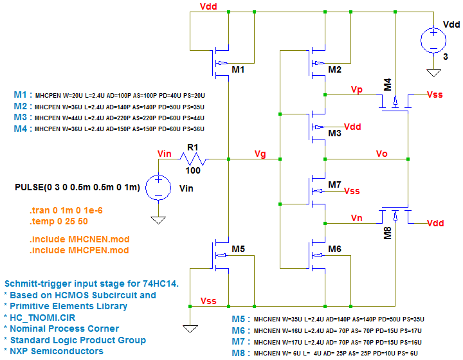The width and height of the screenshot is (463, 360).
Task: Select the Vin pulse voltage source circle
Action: coord(156,188)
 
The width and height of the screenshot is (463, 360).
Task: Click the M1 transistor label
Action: coord(238,69)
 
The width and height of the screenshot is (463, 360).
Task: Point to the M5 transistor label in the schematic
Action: coord(238,249)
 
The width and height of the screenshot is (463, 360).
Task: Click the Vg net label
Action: coord(260,154)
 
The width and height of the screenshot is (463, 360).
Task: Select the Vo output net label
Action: coord(382,154)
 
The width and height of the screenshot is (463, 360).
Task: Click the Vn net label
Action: coord(357,218)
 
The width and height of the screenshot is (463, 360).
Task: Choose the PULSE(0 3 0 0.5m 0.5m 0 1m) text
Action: coord(77,187)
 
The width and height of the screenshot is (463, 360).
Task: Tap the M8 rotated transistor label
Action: coord(387,232)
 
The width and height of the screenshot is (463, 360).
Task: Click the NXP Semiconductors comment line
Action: coord(54,351)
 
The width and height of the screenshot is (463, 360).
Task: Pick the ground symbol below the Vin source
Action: coord(156,220)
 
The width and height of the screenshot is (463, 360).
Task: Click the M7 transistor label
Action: coord(334,184)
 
